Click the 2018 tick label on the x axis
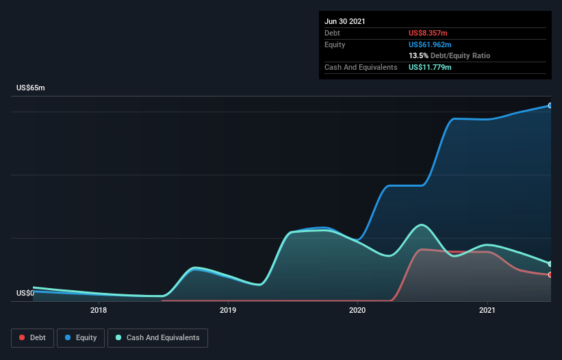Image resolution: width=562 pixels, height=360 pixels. click(99, 310)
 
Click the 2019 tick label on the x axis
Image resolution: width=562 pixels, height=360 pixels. click(228, 310)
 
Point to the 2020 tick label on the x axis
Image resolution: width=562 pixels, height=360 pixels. click(357, 310)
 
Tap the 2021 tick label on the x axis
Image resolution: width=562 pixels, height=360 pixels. click(487, 310)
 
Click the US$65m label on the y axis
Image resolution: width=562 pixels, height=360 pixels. click(30, 88)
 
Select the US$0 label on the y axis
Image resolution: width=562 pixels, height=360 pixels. click(25, 293)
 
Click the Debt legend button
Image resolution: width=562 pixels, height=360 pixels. click(31, 337)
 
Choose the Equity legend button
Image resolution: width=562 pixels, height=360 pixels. click(81, 337)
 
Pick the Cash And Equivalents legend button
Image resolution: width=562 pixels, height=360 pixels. click(157, 337)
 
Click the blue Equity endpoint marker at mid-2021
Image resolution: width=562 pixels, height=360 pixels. click(550, 105)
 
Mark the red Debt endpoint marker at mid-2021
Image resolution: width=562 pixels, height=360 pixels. click(550, 274)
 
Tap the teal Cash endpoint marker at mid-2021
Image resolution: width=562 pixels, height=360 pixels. click(550, 263)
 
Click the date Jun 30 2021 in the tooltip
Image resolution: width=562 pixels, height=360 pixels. click(344, 21)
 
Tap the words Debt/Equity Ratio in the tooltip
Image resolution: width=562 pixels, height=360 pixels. click(460, 55)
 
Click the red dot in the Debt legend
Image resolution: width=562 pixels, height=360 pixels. click(23, 337)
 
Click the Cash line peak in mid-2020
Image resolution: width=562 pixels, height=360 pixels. click(422, 224)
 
